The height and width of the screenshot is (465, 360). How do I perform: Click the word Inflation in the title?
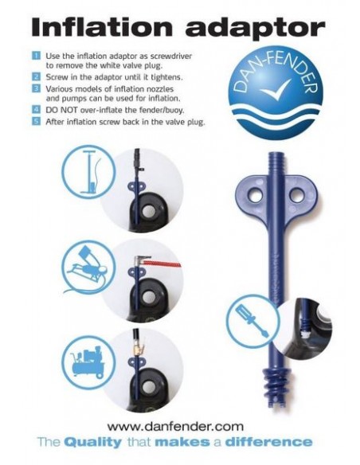click(x=102, y=28)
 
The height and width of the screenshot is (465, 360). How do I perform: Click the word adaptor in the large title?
click(x=255, y=29)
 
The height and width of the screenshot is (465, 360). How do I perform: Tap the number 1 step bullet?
click(x=36, y=56)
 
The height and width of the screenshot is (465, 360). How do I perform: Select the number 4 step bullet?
click(x=36, y=109)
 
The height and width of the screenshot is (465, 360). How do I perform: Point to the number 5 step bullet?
click(x=36, y=122)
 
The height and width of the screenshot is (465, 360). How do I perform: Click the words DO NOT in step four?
click(x=61, y=110)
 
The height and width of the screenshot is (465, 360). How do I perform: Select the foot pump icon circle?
click(x=88, y=268)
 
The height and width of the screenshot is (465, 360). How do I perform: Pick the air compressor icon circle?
click(x=88, y=362)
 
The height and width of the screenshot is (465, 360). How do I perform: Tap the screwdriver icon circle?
click(x=253, y=321)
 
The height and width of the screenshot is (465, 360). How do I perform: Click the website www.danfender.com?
click(x=175, y=427)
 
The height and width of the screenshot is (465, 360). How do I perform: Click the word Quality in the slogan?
click(x=93, y=443)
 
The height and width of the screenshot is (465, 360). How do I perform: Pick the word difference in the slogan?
click(x=268, y=442)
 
